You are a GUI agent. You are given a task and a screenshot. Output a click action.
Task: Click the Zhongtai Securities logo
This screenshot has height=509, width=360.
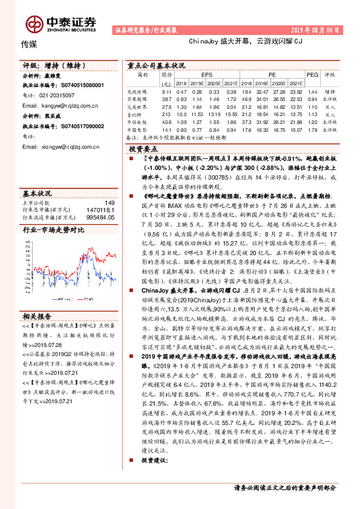pyautogui.click(x=61, y=22)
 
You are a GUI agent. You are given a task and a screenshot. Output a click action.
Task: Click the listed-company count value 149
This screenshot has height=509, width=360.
pyautogui.click(x=110, y=203)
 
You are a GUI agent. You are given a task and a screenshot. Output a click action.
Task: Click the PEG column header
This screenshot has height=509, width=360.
pyautogui.click(x=312, y=75)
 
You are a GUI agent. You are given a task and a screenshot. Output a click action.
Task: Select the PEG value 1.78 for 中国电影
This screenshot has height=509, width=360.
pyautogui.click(x=312, y=129)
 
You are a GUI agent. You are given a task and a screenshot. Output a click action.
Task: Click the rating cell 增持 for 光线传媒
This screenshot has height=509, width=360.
pyautogui.click(x=330, y=90)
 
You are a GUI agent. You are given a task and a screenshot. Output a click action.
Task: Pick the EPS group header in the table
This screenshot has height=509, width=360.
pyautogui.click(x=207, y=75)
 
